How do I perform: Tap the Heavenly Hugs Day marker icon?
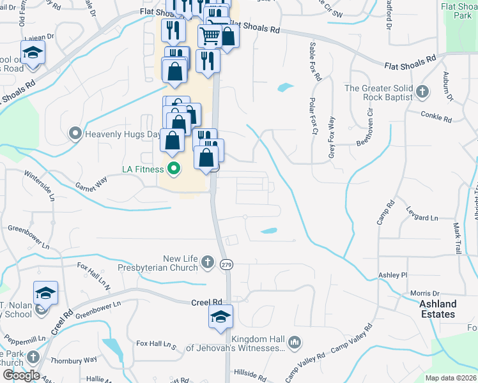(75, 134)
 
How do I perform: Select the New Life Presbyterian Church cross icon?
(207, 262)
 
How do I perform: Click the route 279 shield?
(226, 264)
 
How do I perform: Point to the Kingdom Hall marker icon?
(294, 343)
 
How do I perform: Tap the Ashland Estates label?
(438, 309)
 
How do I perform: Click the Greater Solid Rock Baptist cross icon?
(422, 93)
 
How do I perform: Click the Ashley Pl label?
(392, 275)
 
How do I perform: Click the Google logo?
(21, 375)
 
